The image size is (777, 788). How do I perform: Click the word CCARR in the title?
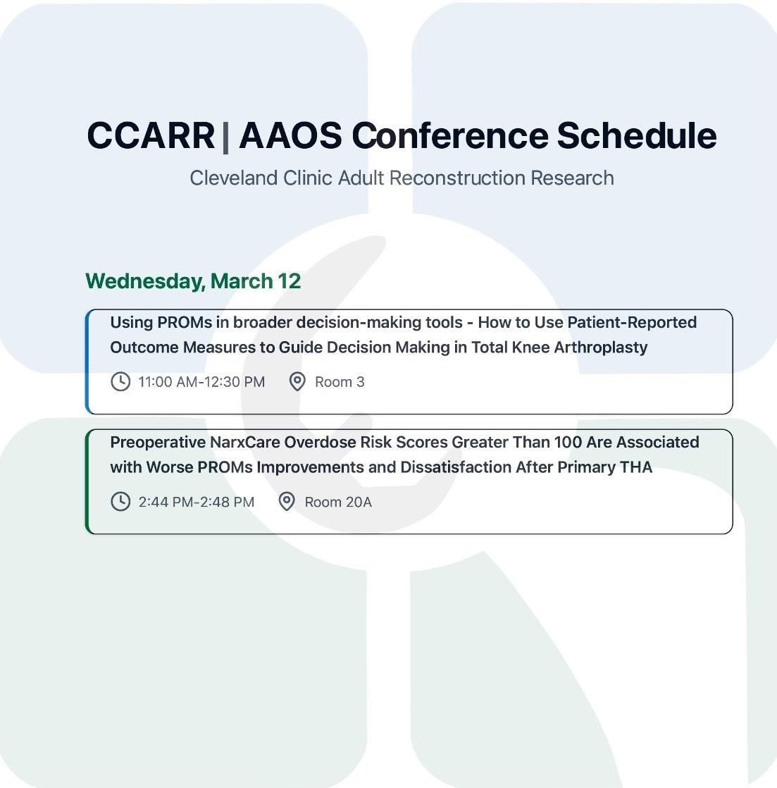(x=151, y=135)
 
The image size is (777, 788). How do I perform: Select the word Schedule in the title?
(x=637, y=135)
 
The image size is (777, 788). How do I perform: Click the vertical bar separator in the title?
(x=226, y=135)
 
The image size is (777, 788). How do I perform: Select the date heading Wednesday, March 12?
(x=193, y=281)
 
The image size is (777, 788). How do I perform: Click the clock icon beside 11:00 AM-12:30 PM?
(x=120, y=382)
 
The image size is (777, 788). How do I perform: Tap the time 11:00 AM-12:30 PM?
(x=201, y=382)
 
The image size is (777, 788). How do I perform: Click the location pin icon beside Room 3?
(x=297, y=382)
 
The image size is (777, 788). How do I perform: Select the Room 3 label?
(x=340, y=382)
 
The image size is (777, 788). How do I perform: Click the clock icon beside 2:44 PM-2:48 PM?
(x=120, y=502)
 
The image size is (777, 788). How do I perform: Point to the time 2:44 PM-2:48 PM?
(x=197, y=502)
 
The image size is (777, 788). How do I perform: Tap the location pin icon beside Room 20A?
(x=287, y=502)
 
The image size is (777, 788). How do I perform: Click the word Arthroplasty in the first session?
(x=600, y=347)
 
